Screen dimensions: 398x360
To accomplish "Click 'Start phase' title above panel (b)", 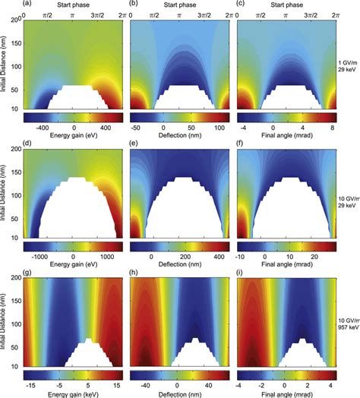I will (x=180, y=4).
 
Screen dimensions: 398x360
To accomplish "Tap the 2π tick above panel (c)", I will (x=335, y=14).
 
